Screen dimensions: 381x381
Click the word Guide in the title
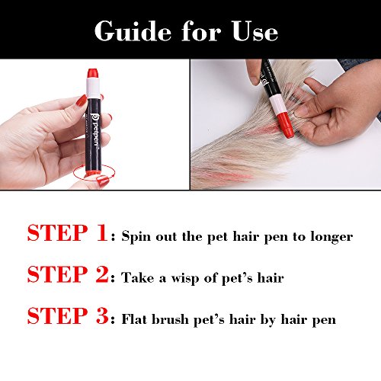coord(133,30)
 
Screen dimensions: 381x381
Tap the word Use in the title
coord(255,31)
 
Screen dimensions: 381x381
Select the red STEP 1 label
coord(67,233)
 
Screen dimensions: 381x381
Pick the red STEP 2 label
coord(68,274)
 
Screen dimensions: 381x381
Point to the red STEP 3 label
coord(68,315)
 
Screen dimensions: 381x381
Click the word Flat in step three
coord(134,319)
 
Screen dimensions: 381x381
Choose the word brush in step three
coord(170,319)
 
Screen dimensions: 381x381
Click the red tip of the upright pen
coord(93,73)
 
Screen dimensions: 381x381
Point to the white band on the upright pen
coord(93,88)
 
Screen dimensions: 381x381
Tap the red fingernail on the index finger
coord(82,101)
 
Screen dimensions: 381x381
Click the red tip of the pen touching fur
coord(286,125)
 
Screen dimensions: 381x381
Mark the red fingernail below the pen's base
coord(103,181)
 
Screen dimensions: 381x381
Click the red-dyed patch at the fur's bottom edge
coord(234,176)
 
